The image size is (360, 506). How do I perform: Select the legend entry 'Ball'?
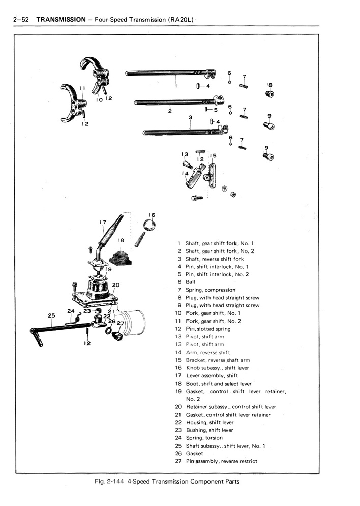tap(190, 282)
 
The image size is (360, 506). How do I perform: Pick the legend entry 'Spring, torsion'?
tap(204, 438)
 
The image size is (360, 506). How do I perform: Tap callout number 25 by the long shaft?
tap(51, 315)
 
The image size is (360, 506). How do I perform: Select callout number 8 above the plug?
tap(271, 85)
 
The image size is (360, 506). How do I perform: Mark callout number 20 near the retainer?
tap(116, 285)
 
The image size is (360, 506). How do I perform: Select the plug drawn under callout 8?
tap(269, 94)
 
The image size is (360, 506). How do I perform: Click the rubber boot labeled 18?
tap(123, 257)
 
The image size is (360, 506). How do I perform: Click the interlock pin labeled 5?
tap(208, 109)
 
